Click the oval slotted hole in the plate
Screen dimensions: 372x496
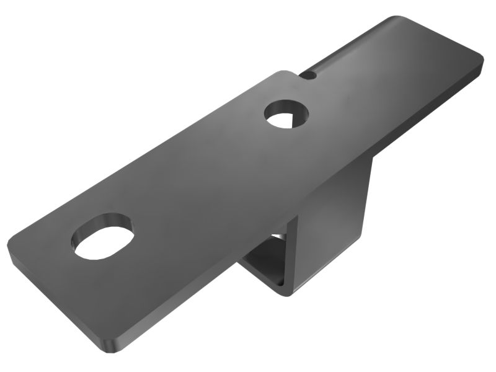(x=104, y=239)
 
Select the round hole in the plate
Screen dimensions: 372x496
(x=286, y=115)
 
